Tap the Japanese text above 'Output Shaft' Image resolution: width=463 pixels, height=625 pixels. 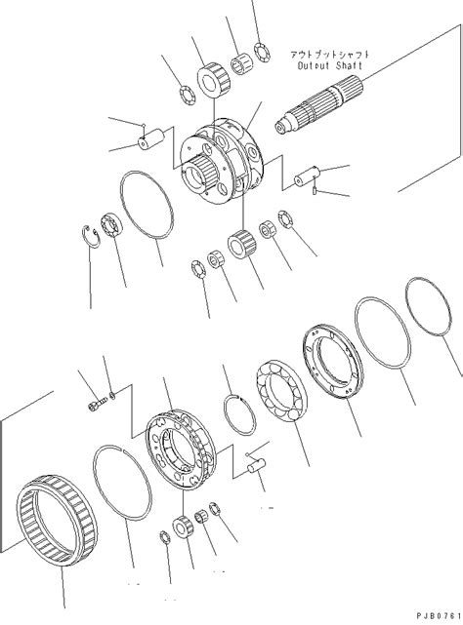pos(326,55)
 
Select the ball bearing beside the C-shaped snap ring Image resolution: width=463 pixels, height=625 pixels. pos(113,225)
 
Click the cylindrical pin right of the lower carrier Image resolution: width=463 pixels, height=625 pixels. pos(258,468)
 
